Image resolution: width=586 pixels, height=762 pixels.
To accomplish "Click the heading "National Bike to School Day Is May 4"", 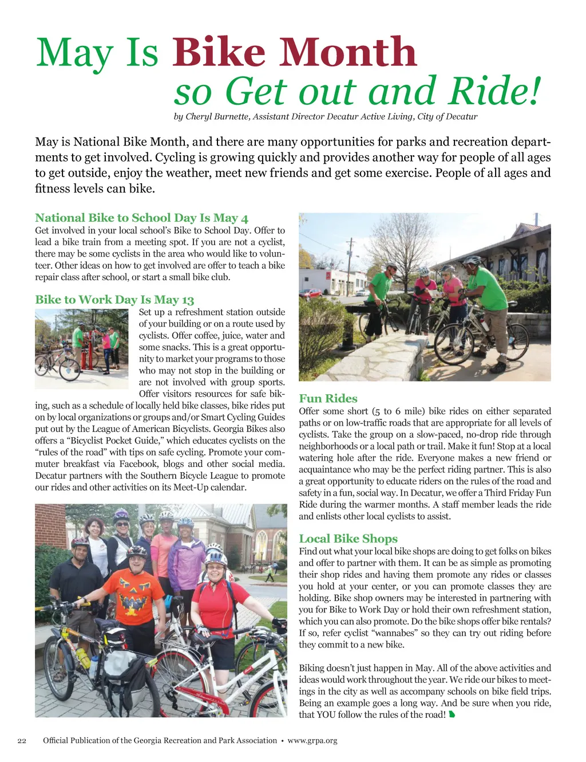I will [141, 218].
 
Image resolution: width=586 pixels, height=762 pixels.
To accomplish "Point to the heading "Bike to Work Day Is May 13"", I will [114, 300].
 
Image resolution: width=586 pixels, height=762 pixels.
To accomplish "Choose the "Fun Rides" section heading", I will [328, 399].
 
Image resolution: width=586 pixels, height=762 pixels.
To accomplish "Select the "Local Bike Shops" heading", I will [348, 539].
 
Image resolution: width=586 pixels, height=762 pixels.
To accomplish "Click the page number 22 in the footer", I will [22, 741].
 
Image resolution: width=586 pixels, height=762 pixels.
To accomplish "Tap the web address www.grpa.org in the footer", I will [312, 741].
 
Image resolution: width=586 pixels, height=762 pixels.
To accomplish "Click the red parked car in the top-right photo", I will [311, 293].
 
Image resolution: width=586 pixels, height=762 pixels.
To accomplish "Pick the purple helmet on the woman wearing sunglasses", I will [121, 514].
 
